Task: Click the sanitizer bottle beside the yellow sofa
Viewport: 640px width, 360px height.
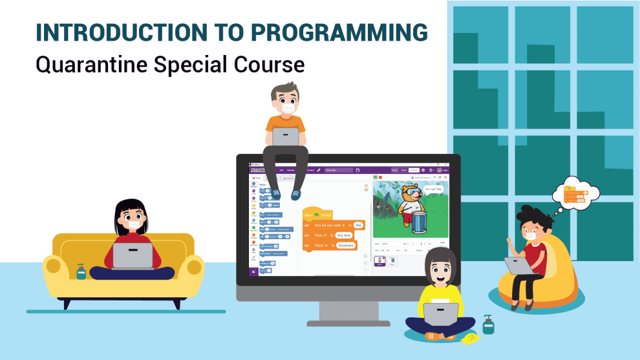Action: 81,271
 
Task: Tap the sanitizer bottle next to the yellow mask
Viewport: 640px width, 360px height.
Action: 488,324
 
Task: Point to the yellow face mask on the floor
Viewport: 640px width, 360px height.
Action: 470,338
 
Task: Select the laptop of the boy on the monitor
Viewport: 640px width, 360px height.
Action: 285,136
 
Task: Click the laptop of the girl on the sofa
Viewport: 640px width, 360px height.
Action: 133,255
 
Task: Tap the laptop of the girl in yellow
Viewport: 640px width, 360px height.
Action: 441,315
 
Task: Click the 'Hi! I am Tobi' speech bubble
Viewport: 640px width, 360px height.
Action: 434,189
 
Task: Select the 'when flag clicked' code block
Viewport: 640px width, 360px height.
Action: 317,214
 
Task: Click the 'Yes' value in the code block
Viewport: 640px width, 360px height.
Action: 358,225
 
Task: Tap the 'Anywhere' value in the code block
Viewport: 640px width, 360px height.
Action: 346,246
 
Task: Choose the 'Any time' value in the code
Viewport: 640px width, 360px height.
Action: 343,235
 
